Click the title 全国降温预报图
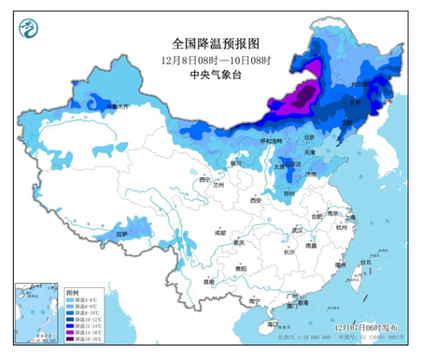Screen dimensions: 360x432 click(x=215, y=44)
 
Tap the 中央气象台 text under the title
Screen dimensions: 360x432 click(x=215, y=74)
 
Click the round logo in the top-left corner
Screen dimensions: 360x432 click(x=27, y=31)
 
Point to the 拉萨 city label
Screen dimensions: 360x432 click(x=122, y=234)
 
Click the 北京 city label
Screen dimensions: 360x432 click(x=308, y=138)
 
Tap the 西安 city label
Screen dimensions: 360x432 click(x=255, y=200)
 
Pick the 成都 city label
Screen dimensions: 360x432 click(x=220, y=233)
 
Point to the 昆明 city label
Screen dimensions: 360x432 click(x=208, y=282)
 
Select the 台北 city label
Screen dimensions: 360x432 click(x=366, y=263)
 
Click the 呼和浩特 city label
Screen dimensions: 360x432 click(x=271, y=142)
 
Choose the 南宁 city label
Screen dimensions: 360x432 click(x=255, y=301)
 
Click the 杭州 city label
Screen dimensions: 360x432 click(x=342, y=227)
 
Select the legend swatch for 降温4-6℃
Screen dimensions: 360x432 click(x=69, y=298)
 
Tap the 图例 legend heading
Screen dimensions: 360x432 click(x=72, y=291)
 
